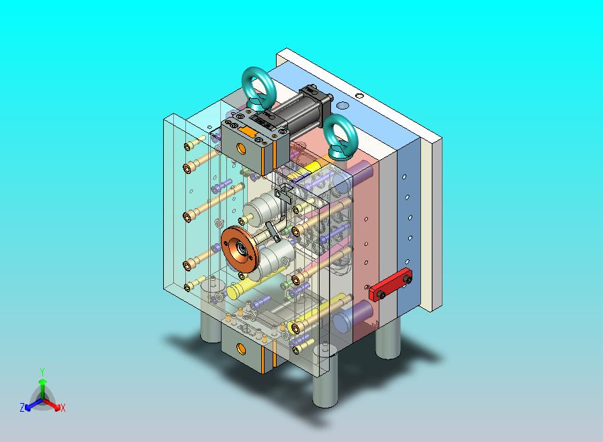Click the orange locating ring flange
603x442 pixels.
pos(239,249)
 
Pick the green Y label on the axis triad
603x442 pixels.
pos(42,371)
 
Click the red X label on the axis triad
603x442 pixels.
pos(62,408)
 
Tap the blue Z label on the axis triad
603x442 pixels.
pos(22,407)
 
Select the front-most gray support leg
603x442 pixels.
pos(326,389)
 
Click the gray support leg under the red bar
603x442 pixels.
pos(388,339)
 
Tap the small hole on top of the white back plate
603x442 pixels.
pos(360,95)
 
